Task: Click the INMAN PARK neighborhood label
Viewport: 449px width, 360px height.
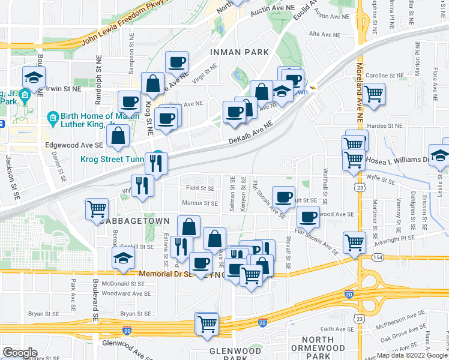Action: pyautogui.click(x=240, y=53)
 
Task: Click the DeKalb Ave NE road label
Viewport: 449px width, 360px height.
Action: pyautogui.click(x=250, y=132)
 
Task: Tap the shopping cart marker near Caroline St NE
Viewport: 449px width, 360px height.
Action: pyautogui.click(x=374, y=94)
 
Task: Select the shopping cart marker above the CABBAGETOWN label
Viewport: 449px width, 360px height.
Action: pyautogui.click(x=97, y=209)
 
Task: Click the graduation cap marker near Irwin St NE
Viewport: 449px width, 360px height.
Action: pyautogui.click(x=34, y=77)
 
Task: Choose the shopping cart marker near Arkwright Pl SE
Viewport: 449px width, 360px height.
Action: pyautogui.click(x=354, y=242)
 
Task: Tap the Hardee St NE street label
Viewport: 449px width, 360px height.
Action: pyautogui.click(x=386, y=126)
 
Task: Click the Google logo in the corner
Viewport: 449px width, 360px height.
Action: pyautogui.click(x=20, y=353)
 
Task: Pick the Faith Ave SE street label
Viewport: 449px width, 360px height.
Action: pyautogui.click(x=337, y=329)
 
